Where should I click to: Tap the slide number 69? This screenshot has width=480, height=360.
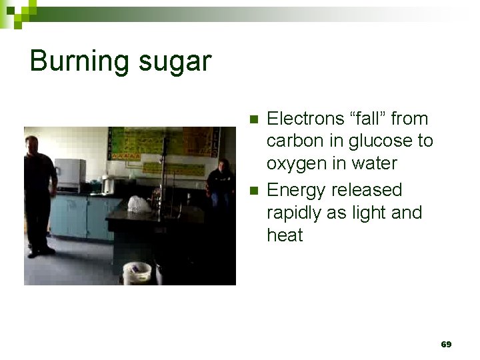click(446, 344)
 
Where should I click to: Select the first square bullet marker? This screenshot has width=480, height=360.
click(252, 119)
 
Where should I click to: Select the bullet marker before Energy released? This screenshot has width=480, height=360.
click(252, 191)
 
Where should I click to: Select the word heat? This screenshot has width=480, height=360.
click(285, 235)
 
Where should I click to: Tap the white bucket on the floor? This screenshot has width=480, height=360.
click(137, 273)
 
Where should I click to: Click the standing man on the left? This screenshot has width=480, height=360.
click(38, 193)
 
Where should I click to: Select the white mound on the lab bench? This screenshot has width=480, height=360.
click(139, 204)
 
